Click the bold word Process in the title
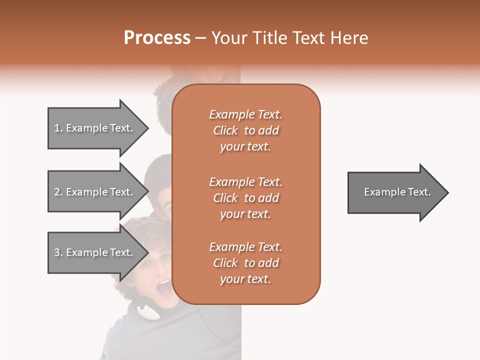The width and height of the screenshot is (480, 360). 157,38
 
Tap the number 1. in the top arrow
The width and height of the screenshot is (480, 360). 58,128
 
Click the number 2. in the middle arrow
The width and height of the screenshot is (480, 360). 58,192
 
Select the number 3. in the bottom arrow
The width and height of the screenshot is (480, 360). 58,252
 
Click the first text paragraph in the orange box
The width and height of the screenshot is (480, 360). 245,130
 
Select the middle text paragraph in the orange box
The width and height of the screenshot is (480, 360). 245,198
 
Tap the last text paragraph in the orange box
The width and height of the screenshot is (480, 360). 245,263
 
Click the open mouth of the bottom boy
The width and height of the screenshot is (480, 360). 164,288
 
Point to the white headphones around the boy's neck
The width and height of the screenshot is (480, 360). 148,311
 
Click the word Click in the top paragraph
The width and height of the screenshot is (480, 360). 225,130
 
